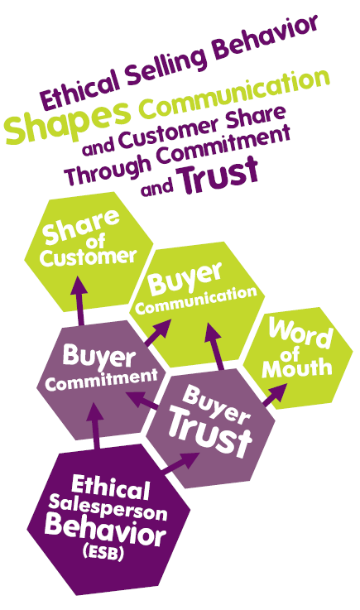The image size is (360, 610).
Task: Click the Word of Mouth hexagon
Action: pos(298,358)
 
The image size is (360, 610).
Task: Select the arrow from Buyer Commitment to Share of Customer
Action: pos(79,300)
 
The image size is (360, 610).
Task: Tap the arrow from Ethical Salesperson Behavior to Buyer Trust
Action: pos(180,463)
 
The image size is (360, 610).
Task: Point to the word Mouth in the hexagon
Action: pos(297,368)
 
